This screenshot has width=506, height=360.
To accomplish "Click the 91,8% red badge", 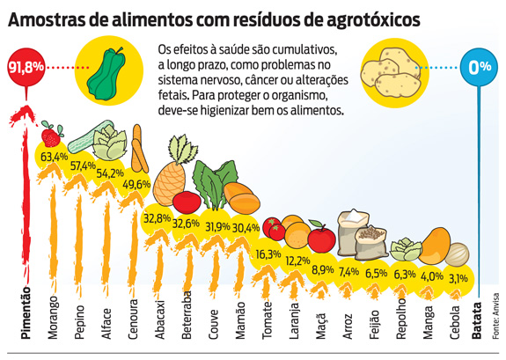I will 25,67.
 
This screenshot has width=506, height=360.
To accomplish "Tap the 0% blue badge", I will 480,68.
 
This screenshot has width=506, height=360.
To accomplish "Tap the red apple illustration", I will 321,238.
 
